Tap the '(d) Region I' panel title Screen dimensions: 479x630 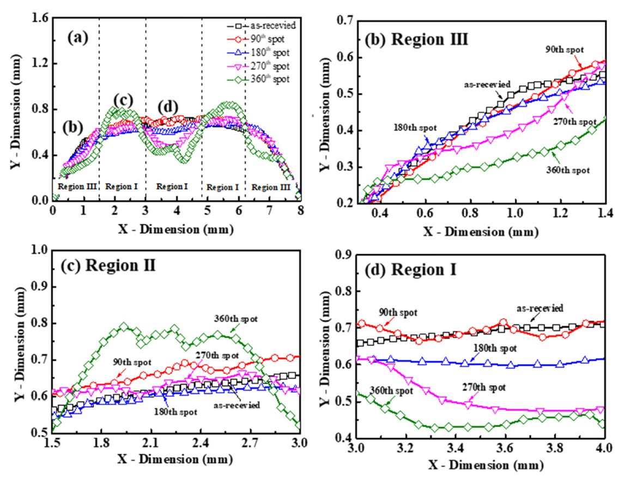(x=400, y=269)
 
